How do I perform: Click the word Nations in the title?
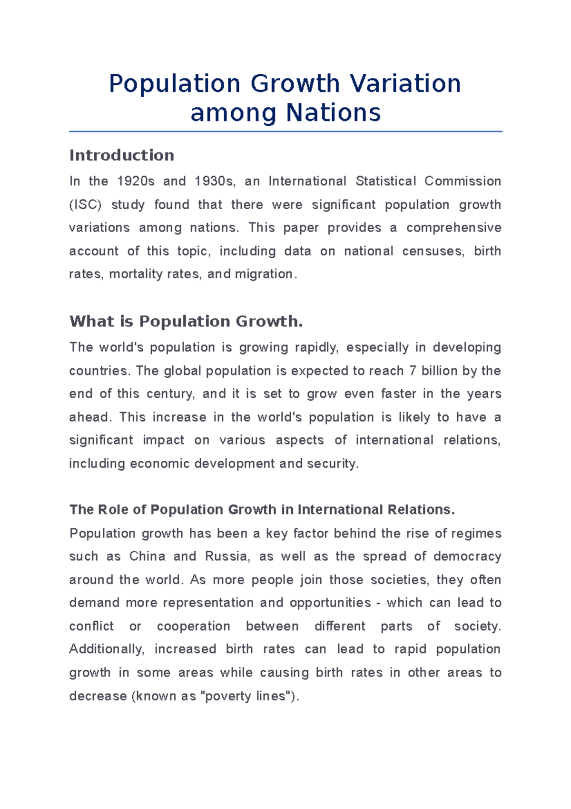tap(333, 113)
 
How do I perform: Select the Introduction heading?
tap(122, 155)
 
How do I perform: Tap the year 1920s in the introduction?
tap(136, 182)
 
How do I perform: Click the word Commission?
tap(463, 182)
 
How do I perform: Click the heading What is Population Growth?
tap(186, 322)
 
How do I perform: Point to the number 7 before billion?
tap(413, 371)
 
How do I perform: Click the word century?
tap(170, 394)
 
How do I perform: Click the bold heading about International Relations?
tap(262, 510)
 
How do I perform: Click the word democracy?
tap(467, 556)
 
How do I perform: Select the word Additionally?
tap(106, 649)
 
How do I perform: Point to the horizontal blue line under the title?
tap(285, 131)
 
